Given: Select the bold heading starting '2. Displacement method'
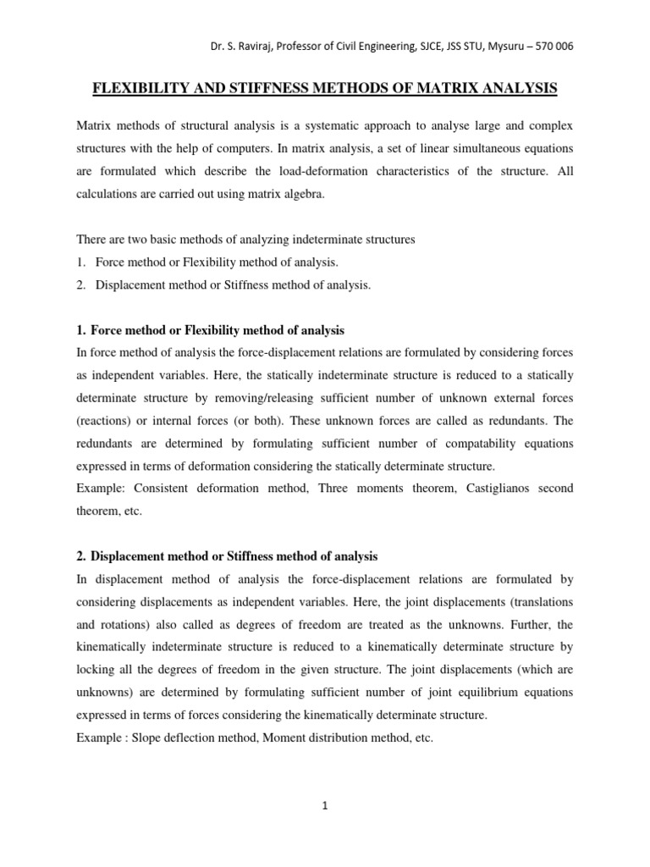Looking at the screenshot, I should pyautogui.click(x=227, y=556).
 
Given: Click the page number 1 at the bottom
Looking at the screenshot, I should pyautogui.click(x=325, y=807).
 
